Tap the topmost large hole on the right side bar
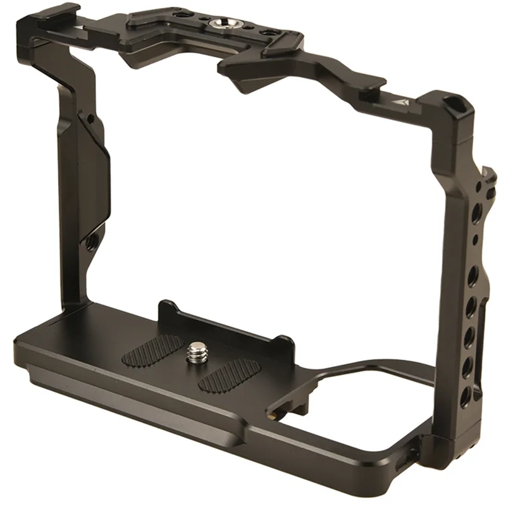point(476,211)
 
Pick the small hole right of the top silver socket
point(266,32)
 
